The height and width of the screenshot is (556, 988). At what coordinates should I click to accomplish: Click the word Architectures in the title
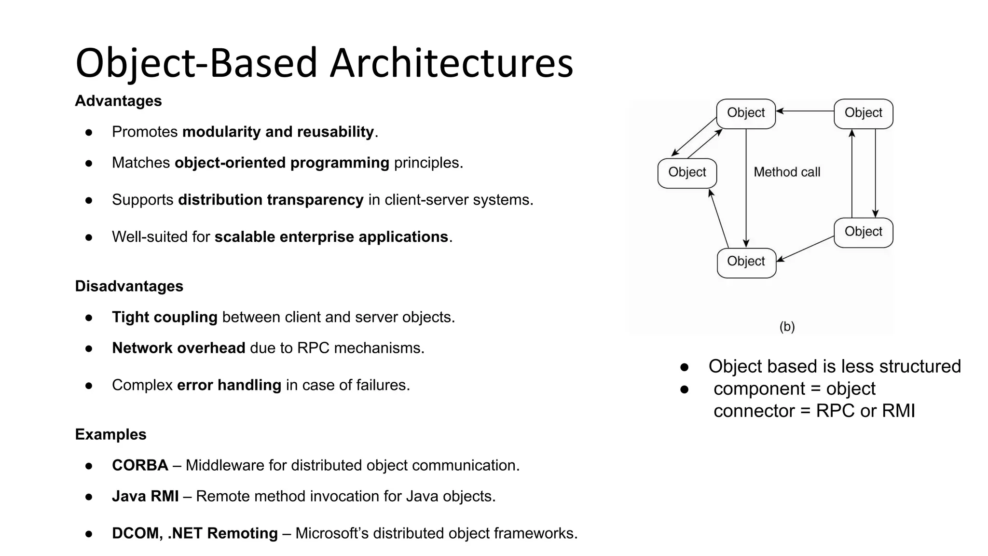(451, 63)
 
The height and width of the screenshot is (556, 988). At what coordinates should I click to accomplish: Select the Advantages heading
(118, 101)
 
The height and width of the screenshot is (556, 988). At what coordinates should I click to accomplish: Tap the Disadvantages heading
(129, 286)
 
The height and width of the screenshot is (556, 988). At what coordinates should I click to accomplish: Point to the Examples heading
(110, 434)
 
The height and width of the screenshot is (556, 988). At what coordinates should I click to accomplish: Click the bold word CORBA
(140, 465)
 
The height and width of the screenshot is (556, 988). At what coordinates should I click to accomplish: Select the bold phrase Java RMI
(145, 496)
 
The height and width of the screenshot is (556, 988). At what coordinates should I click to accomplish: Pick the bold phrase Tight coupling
(165, 317)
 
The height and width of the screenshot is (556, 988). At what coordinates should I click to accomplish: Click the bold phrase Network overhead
(178, 348)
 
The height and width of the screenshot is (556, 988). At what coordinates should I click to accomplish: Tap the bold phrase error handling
(229, 385)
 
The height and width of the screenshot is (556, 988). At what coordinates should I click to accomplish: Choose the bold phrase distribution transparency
(271, 200)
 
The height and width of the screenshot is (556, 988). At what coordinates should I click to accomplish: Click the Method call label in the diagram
(787, 172)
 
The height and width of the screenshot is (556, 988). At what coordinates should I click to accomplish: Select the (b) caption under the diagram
(787, 327)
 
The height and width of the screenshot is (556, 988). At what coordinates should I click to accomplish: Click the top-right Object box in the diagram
(863, 113)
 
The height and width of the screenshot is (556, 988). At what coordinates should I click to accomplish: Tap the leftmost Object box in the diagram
(687, 173)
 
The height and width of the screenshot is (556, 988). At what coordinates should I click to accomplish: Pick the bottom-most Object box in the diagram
(746, 263)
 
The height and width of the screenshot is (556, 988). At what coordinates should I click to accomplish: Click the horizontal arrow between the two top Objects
(805, 111)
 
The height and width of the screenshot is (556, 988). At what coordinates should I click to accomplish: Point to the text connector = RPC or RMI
(814, 411)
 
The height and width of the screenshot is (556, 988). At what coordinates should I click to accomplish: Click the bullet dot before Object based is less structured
(684, 367)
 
